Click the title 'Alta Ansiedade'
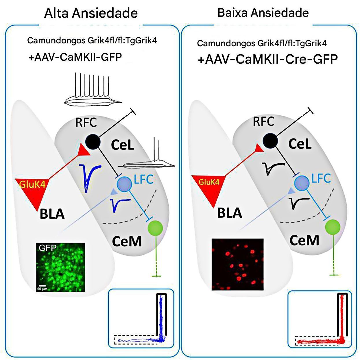91,13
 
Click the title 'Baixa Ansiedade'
263,13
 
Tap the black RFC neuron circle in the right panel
270,140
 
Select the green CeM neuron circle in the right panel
333,227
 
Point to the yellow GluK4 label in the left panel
32,184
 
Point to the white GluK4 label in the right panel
209,182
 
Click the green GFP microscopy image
61,267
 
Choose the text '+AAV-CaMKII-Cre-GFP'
268,59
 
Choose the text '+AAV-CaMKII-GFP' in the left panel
75,57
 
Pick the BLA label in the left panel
52,214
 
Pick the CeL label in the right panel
300,144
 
